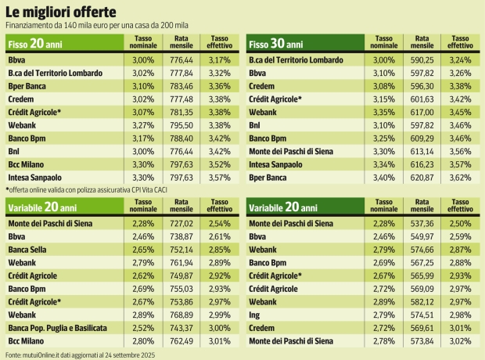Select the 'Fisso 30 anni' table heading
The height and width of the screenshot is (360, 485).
277,44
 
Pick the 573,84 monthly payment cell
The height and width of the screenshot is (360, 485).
422,341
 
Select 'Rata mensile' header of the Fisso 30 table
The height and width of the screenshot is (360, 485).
422,44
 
